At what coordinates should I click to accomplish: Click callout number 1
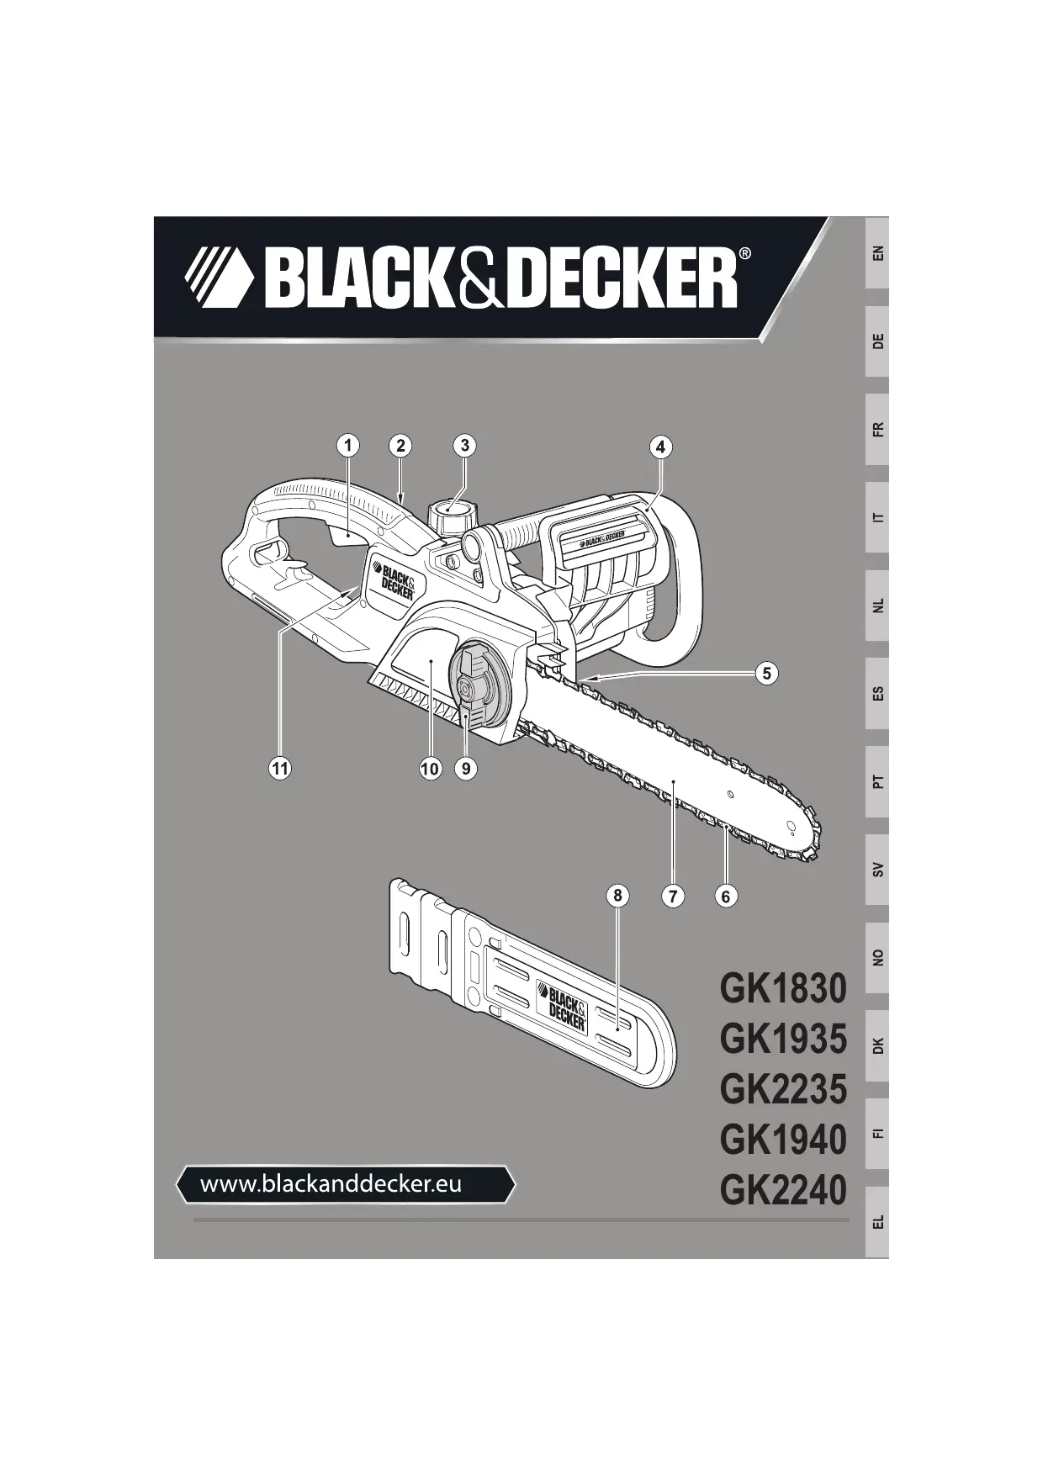click(x=347, y=445)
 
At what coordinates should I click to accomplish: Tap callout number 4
click(x=660, y=447)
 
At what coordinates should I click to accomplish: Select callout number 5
click(x=765, y=673)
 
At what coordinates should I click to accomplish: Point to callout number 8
click(x=617, y=896)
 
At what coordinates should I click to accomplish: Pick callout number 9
click(x=465, y=768)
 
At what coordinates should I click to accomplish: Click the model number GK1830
click(x=782, y=988)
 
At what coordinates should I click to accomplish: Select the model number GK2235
click(x=782, y=1089)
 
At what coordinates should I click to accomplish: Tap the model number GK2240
click(x=782, y=1190)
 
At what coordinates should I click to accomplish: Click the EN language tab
click(x=877, y=252)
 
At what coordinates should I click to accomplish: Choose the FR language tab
click(x=877, y=430)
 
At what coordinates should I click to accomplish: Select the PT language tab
click(x=877, y=781)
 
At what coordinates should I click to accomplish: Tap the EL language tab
click(x=877, y=1220)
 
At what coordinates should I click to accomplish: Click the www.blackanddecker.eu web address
click(x=331, y=1184)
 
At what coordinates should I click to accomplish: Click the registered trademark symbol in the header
click(x=744, y=253)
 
